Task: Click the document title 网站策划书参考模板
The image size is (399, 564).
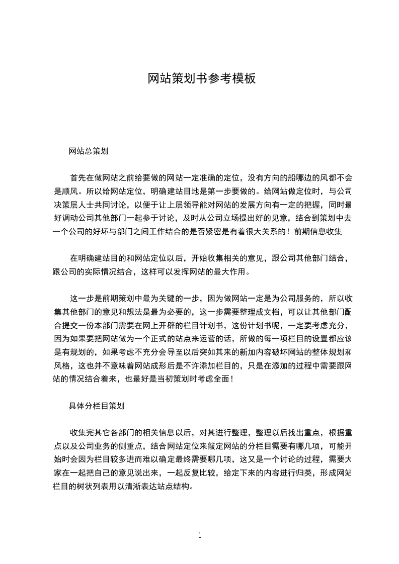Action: click(202, 79)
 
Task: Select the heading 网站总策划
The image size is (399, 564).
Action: click(89, 151)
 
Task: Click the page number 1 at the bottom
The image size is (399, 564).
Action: click(200, 535)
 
